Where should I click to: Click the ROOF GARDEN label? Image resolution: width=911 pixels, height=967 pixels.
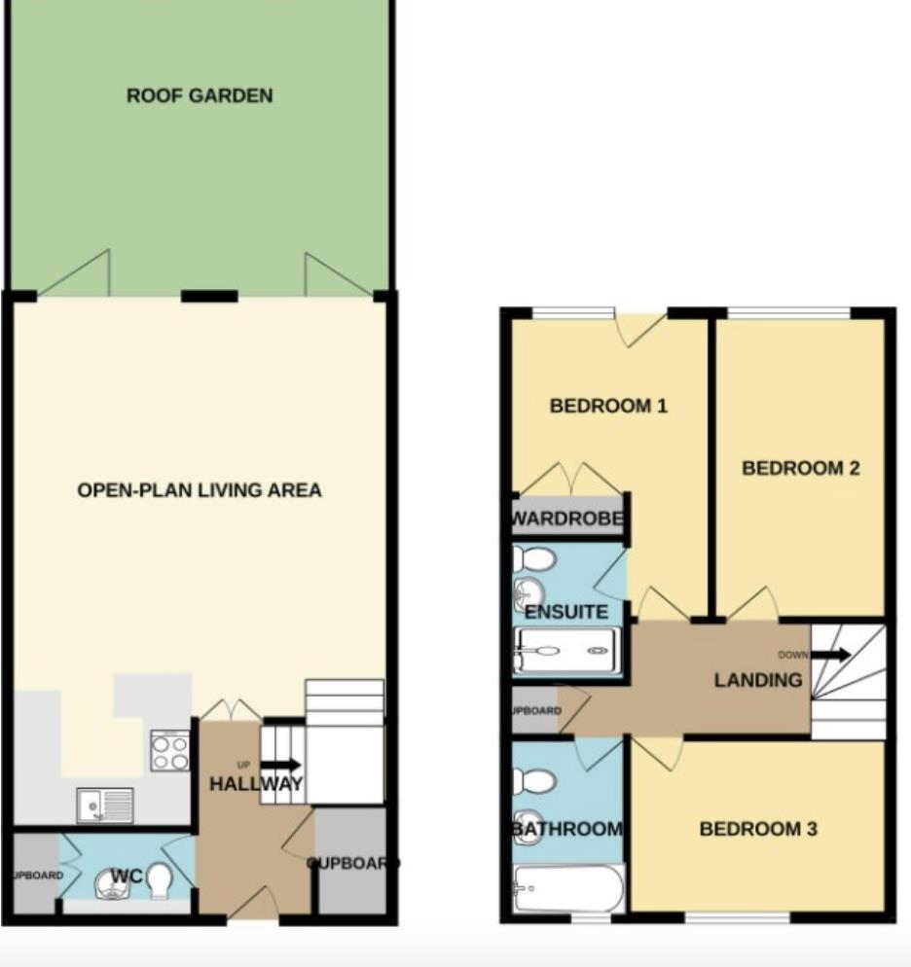coord(199,96)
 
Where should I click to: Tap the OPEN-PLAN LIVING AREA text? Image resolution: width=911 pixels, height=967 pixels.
coord(200,490)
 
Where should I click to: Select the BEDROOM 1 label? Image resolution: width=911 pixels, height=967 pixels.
coord(608,406)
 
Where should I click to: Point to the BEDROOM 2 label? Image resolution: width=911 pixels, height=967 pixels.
coord(800,468)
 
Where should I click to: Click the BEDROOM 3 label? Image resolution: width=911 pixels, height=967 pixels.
coord(758,830)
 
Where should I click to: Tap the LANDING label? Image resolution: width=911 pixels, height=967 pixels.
coord(758,680)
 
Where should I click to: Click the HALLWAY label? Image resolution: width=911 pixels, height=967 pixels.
coord(256,784)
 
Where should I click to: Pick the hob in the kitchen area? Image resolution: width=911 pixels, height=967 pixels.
coord(169,750)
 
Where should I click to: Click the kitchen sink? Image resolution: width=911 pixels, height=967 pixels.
coord(105,805)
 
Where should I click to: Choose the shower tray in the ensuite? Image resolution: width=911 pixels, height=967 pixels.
coord(566,649)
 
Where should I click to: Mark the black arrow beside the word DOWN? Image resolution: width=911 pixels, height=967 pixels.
coord(830,655)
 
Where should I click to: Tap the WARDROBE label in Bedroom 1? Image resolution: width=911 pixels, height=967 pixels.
coord(567,519)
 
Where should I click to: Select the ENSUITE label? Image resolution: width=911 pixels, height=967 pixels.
coord(565,613)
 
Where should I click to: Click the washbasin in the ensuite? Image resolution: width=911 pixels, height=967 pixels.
coord(528,592)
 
